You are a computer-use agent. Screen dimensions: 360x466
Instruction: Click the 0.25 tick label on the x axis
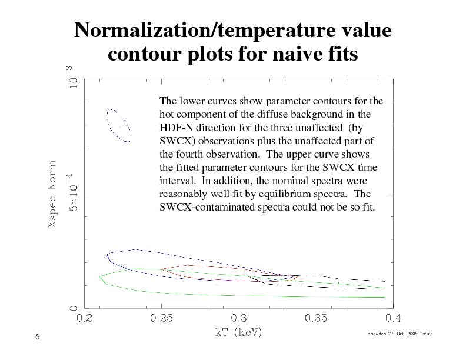pyautogui.click(x=162, y=319)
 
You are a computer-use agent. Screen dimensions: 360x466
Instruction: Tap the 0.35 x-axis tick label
pyautogui.click(x=316, y=319)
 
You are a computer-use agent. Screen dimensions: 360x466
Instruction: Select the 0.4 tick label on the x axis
pyautogui.click(x=393, y=319)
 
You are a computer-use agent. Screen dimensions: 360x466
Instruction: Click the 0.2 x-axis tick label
pyautogui.click(x=85, y=319)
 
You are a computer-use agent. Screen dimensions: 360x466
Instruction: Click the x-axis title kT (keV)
pyautogui.click(x=238, y=332)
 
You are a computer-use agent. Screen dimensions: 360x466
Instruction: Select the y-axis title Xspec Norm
pyautogui.click(x=53, y=194)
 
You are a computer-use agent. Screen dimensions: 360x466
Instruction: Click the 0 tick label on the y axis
pyautogui.click(x=74, y=308)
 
